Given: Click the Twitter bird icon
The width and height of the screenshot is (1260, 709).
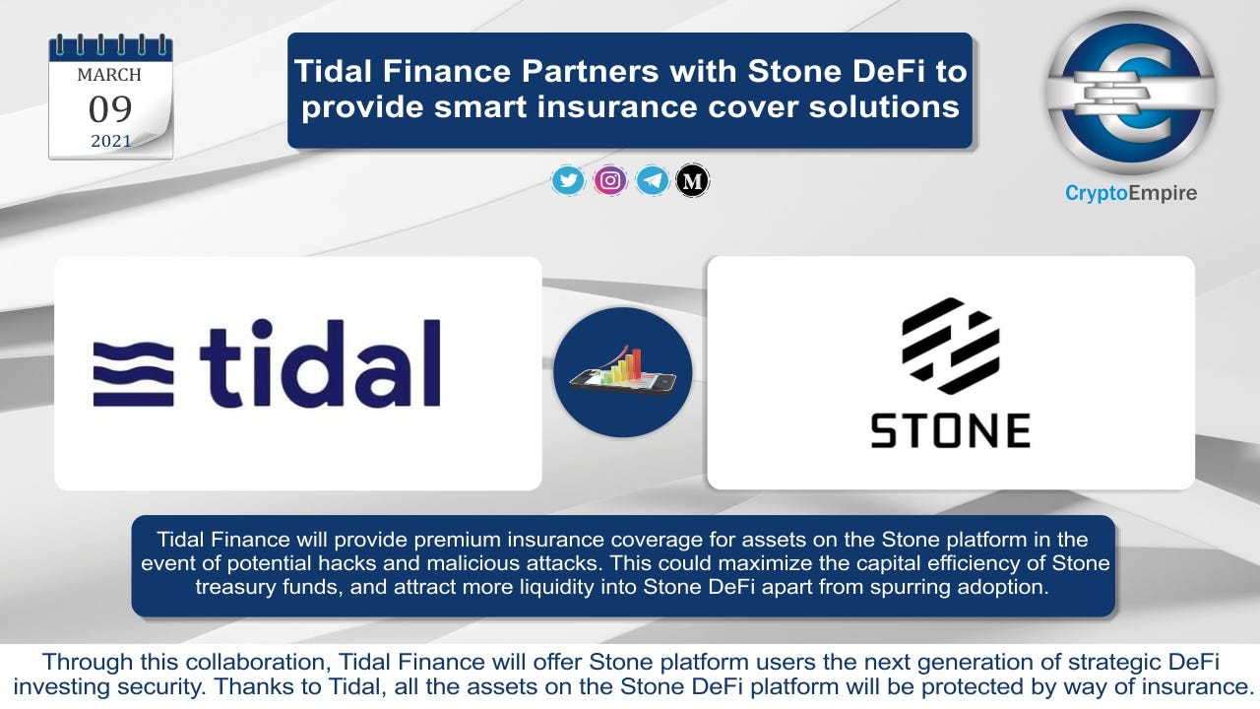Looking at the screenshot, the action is tap(568, 180).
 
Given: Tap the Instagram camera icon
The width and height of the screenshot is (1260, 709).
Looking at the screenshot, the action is tap(610, 180).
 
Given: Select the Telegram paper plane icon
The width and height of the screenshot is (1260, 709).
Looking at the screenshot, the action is tap(652, 180).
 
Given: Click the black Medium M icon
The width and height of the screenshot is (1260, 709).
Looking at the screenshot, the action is tap(692, 180).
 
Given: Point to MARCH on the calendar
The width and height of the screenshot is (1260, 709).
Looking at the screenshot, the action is tap(109, 75).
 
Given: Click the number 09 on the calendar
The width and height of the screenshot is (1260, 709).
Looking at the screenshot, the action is tap(110, 108).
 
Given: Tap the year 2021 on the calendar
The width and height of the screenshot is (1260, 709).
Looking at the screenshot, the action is tap(111, 141).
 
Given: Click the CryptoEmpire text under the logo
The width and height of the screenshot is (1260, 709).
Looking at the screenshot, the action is tap(1131, 193).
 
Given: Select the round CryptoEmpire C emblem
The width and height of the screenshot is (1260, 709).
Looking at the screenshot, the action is tap(1131, 93).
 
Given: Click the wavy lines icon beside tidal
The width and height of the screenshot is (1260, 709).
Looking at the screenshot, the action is tap(133, 373).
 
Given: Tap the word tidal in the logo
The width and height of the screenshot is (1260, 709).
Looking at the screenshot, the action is tap(320, 363).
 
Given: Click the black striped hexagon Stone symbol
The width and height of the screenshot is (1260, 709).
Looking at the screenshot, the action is tap(951, 346).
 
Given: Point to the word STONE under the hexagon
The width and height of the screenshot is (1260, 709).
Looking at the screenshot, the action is tap(951, 430).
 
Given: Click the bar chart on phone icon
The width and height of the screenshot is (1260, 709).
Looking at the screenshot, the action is tap(623, 372).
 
